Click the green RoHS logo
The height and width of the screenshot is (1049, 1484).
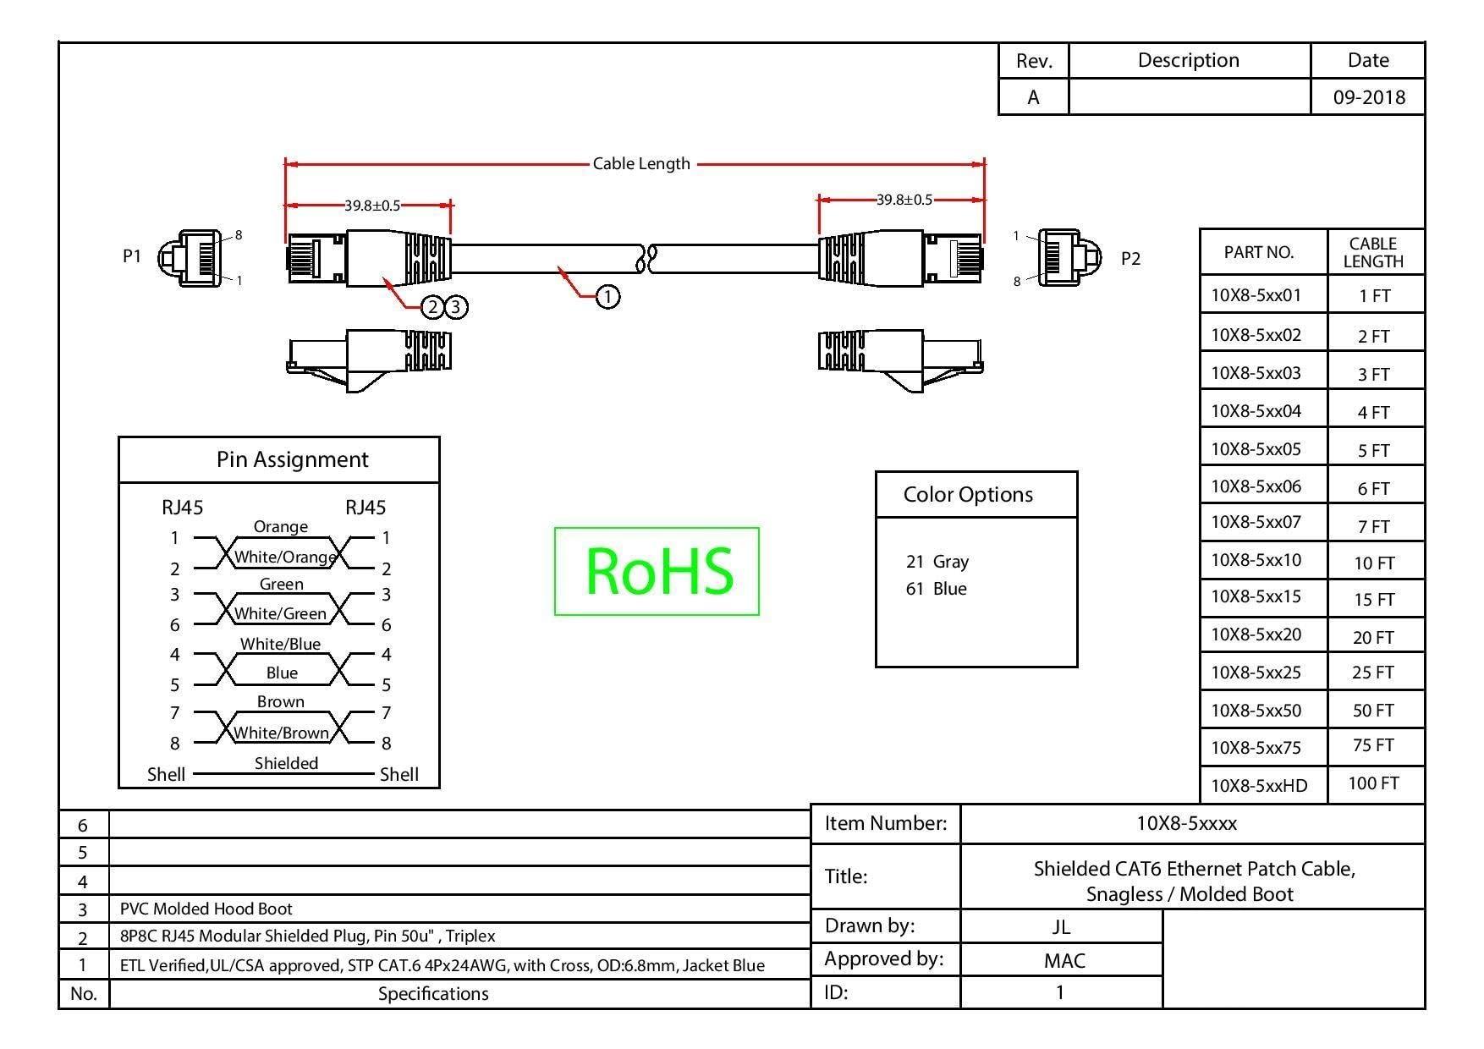tap(657, 571)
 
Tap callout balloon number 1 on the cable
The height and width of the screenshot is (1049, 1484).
tap(607, 296)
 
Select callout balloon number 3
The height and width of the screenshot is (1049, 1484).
tap(456, 306)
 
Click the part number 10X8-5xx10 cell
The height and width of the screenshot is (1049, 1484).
tap(1256, 560)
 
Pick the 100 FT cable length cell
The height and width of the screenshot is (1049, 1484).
tap(1373, 783)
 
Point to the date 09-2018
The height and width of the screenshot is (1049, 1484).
tap(1368, 97)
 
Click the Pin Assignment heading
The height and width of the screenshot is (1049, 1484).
tap(292, 459)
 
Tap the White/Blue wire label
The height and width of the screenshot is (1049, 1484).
tap(280, 644)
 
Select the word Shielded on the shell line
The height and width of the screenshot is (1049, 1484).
tap(286, 763)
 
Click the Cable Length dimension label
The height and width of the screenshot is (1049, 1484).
tap(641, 163)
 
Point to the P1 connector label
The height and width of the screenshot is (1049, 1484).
tap(132, 255)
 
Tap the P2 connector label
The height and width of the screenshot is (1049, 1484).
tap(1130, 259)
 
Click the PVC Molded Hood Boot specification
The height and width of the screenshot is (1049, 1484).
tap(206, 909)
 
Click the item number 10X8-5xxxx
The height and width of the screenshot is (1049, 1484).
tap(1186, 823)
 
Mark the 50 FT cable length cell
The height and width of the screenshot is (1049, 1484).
tap(1373, 711)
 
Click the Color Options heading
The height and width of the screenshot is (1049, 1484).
tap(968, 495)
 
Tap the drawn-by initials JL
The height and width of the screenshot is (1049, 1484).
tap(1061, 926)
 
